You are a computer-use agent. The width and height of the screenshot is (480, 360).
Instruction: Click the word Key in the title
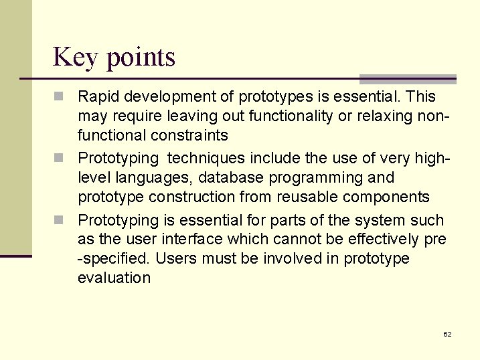click(x=74, y=58)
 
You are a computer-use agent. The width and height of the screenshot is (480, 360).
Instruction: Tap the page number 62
click(x=447, y=333)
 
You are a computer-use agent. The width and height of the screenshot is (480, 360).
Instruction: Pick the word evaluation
click(x=114, y=278)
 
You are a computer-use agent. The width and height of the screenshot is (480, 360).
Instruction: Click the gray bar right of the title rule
click(x=408, y=79)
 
